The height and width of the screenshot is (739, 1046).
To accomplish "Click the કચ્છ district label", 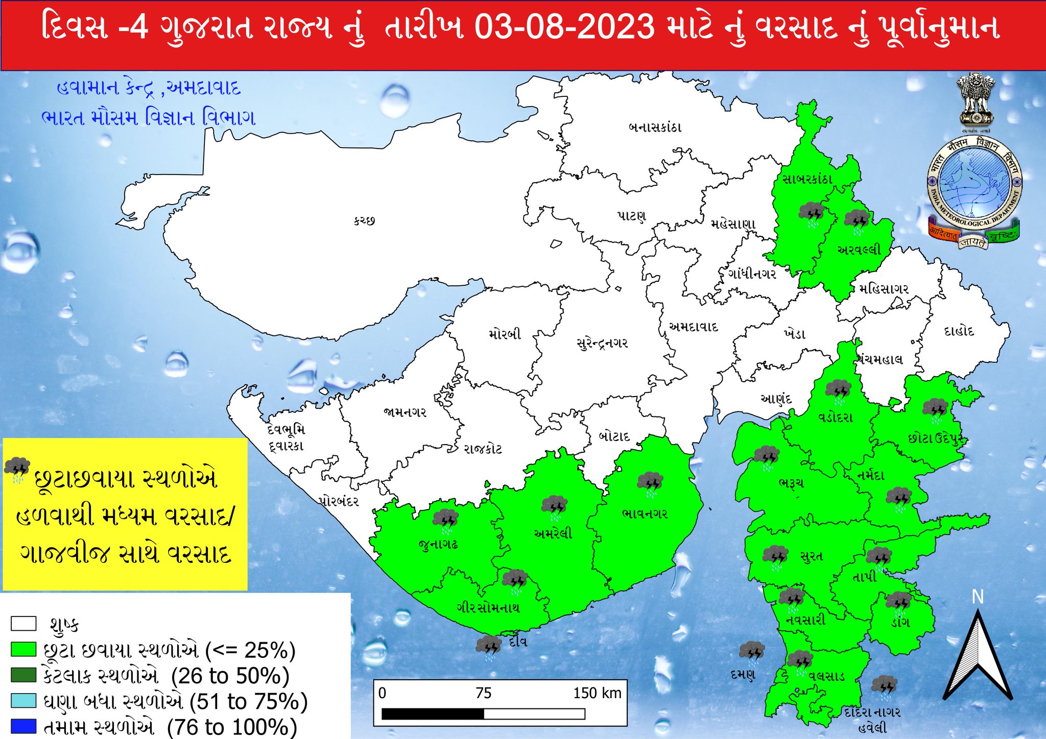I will tap(364, 221).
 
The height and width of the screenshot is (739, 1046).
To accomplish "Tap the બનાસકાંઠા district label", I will tap(655, 127).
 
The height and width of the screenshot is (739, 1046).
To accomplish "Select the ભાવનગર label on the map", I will tap(645, 513).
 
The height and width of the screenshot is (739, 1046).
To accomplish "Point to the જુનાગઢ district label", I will tap(438, 544).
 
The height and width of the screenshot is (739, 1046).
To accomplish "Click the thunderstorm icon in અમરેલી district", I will tap(554, 505).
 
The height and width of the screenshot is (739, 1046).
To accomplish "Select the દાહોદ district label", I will tap(959, 331).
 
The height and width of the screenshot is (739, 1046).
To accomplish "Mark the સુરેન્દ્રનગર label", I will tap(602, 343).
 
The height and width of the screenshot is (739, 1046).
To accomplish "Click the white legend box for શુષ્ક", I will tap(23, 624).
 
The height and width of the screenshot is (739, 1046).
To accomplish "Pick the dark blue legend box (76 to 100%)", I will tap(23, 726).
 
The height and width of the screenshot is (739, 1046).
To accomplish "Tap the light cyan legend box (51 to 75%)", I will tap(23, 700).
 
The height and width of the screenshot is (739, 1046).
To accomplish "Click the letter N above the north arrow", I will tap(978, 597).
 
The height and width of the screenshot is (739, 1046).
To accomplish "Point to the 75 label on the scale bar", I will tap(483, 693).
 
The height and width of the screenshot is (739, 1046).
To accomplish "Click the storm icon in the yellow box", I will tap(17, 469).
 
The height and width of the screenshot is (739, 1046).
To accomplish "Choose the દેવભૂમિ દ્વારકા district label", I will tap(286, 438).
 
